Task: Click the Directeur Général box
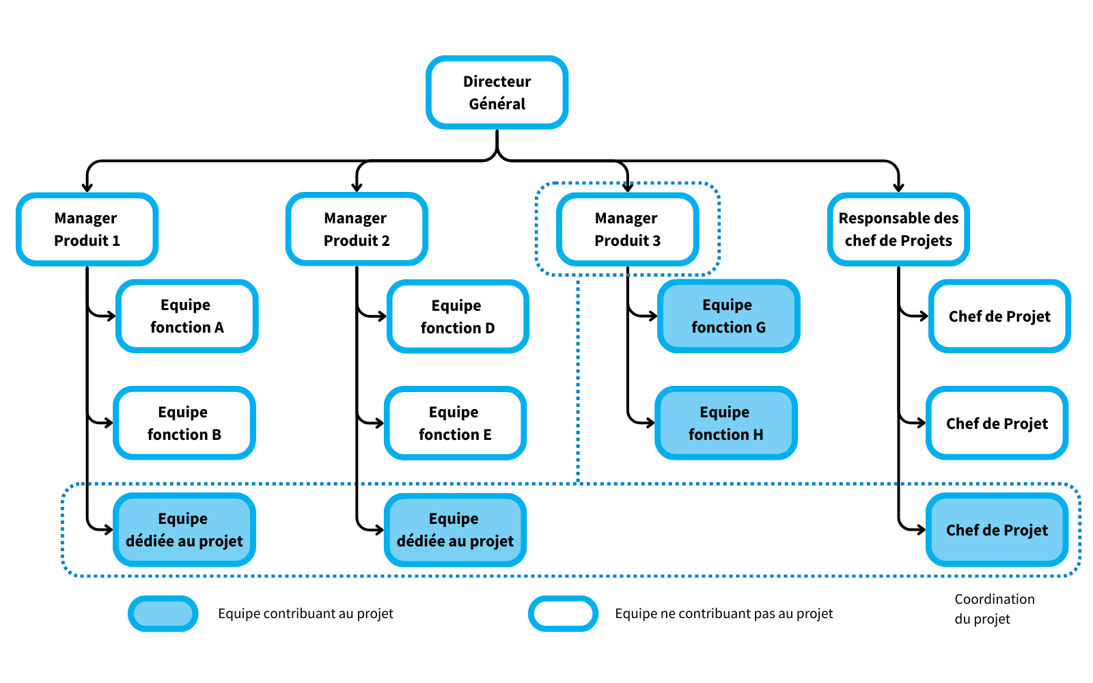coord(497,92)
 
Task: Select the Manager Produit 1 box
coord(87,229)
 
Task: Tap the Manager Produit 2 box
coord(356,229)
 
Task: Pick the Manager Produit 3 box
coord(627,229)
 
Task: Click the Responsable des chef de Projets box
coord(898,229)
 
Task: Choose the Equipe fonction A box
coord(186,316)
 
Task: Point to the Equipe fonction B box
coord(184,423)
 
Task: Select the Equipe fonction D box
coord(457,317)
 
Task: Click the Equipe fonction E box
coord(455,423)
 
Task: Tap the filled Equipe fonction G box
coord(728,316)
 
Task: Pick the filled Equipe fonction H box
coord(725,423)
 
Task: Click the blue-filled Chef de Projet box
coord(997,530)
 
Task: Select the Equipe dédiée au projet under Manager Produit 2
coord(455,530)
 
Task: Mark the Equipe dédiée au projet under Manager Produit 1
coord(184,530)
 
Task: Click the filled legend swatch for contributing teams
coord(163,613)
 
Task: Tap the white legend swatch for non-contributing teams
coord(563,613)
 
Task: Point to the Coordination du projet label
coord(994,609)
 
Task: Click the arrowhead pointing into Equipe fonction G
coord(653,316)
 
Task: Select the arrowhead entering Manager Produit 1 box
coord(87,187)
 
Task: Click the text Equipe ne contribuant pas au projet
coord(723,613)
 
